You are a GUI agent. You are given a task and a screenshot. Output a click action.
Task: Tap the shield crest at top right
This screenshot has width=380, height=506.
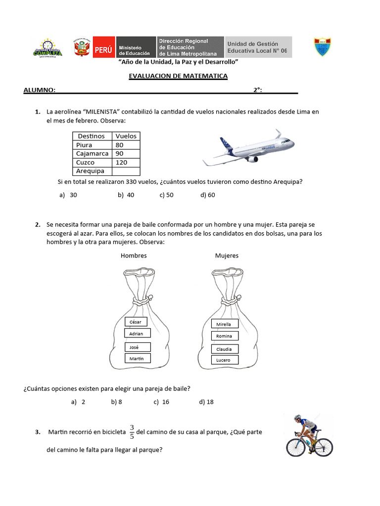(323, 46)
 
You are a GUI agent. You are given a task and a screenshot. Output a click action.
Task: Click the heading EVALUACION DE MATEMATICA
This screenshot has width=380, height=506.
(178, 76)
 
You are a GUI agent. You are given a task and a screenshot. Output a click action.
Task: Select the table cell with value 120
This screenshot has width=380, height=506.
(126, 163)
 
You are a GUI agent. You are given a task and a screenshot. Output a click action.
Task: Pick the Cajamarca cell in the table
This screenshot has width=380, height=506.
(93, 154)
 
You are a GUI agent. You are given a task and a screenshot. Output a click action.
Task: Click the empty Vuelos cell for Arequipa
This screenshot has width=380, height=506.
(126, 171)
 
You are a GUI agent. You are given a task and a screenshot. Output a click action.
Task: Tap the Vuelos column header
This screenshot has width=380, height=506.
(126, 136)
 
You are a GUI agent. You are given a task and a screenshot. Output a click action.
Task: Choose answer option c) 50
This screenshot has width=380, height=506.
(166, 195)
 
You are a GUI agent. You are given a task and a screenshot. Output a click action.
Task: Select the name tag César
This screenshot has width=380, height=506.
(135, 322)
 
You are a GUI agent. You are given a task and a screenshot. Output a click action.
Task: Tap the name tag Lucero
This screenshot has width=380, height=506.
(223, 360)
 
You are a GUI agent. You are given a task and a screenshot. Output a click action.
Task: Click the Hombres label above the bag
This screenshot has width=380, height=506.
(134, 255)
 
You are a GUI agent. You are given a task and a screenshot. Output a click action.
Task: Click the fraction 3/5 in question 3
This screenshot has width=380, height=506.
(132, 431)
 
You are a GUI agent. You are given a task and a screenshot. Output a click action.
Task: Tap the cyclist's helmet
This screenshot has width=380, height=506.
(297, 418)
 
